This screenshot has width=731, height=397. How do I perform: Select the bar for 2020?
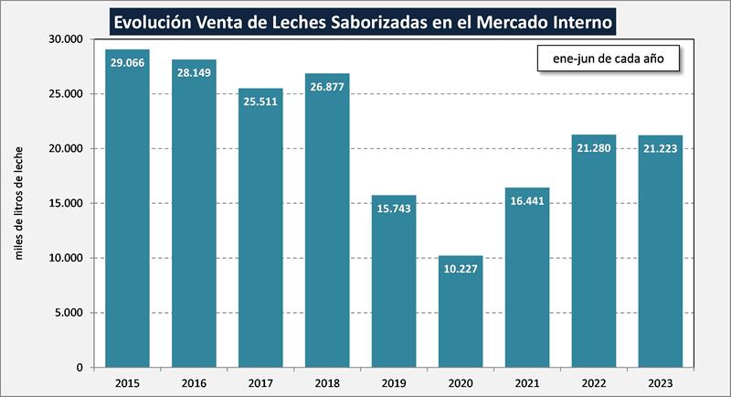coord(461,311)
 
